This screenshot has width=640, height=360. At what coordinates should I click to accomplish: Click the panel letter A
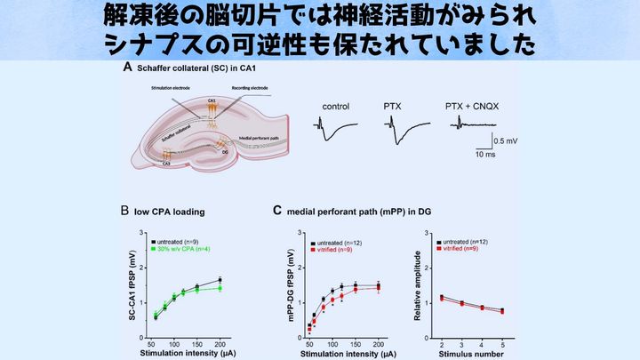coord(128,68)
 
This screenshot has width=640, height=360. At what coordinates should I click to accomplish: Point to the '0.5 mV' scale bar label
coord(508,140)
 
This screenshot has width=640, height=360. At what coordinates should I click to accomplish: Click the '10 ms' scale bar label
coord(484,156)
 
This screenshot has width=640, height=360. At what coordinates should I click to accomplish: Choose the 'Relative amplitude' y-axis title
coord(420,287)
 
